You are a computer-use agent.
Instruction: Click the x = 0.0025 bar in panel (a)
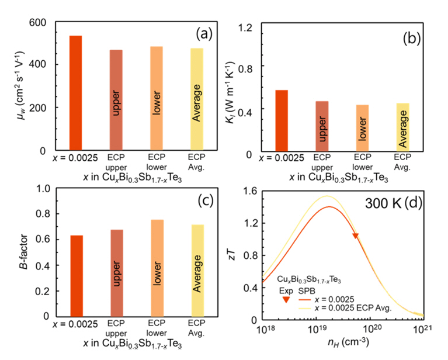coord(76,93)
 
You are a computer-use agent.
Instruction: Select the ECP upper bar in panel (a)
coord(116,100)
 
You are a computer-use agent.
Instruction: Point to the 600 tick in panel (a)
coord(40,22)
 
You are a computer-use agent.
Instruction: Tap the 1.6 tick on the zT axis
coord(249,190)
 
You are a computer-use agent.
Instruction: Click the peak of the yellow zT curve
coord(328,196)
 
